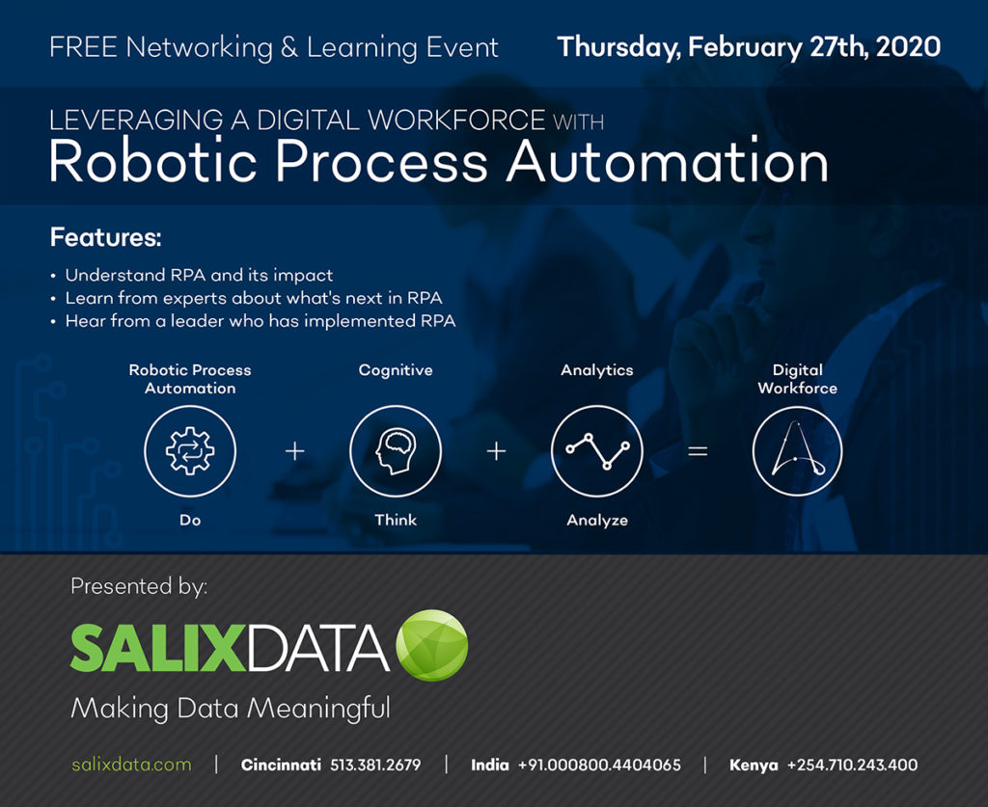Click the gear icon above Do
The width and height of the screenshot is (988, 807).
click(190, 450)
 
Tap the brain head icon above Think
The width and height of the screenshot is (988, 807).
click(396, 450)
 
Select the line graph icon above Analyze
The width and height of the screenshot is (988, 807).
click(597, 450)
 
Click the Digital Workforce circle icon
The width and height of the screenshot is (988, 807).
click(797, 450)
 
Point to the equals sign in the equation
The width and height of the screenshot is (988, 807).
click(698, 450)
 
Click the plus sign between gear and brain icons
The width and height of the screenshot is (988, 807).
click(295, 450)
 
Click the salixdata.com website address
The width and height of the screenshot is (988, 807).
click(131, 765)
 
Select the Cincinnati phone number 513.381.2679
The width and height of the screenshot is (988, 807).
click(375, 765)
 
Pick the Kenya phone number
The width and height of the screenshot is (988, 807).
click(852, 765)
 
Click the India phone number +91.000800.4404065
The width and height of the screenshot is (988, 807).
click(599, 765)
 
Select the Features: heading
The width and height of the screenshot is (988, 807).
click(105, 237)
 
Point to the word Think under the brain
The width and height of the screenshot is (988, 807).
click(396, 520)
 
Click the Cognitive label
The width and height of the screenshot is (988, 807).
click(396, 370)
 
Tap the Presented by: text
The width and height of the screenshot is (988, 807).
click(139, 585)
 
